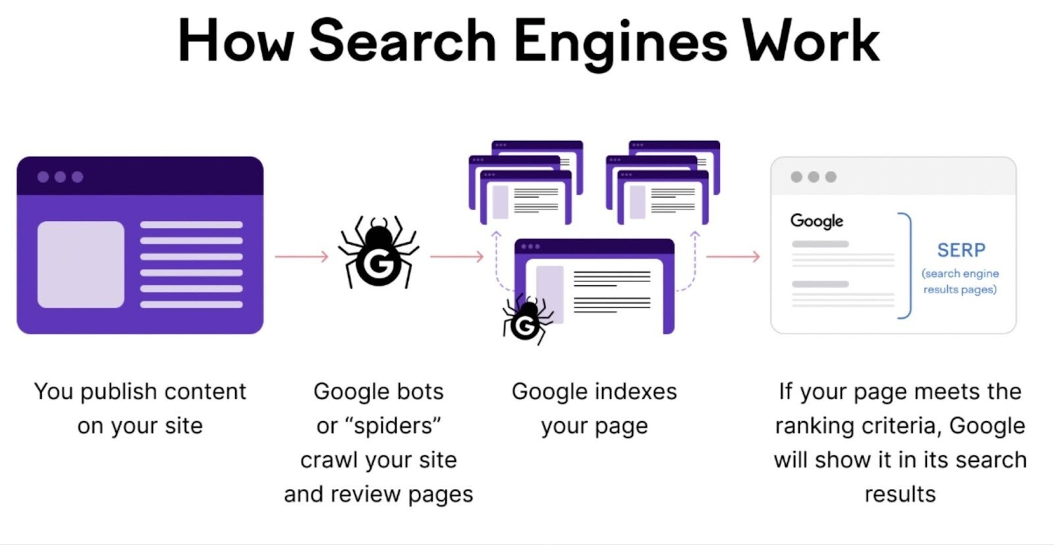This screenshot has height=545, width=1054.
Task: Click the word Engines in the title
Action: pos(620,41)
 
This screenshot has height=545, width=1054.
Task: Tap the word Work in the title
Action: pos(811,41)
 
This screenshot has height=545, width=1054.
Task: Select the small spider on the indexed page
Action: pos(526,319)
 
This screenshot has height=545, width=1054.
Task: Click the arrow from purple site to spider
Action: pos(301,256)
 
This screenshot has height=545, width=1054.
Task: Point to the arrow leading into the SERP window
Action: pos(733,256)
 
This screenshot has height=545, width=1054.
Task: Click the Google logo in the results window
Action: pos(816,221)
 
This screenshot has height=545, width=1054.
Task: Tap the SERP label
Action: pos(961,250)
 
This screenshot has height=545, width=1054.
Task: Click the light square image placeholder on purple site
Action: pos(80,264)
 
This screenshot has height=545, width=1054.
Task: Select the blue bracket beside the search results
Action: pos(906,266)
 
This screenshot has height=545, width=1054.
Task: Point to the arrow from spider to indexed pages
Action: pos(457,256)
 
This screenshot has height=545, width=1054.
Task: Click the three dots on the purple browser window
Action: pos(60,177)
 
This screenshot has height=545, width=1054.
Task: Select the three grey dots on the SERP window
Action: pos(814,177)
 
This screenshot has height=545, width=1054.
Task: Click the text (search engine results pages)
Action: pos(960,281)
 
